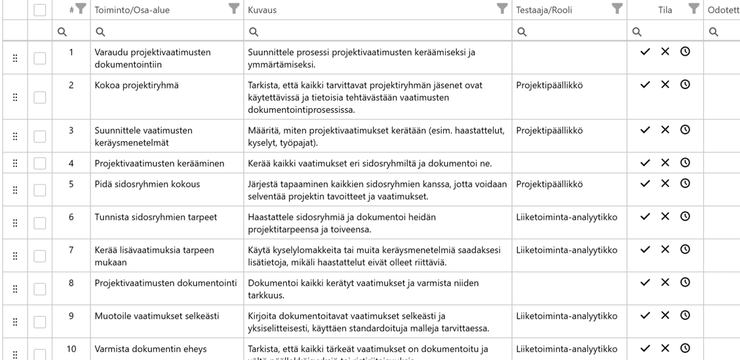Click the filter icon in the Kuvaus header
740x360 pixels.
click(501, 9)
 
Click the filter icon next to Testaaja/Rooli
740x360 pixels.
click(616, 9)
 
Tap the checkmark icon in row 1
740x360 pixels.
click(645, 52)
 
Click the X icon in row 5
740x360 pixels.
click(665, 184)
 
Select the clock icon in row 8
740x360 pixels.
click(685, 283)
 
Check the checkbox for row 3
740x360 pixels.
click(40, 136)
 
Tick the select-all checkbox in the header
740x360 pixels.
click(40, 10)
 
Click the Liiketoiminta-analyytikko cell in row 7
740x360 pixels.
click(566, 250)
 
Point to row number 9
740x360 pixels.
click(71, 316)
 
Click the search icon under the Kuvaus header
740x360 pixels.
click(254, 31)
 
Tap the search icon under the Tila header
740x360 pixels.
click(636, 31)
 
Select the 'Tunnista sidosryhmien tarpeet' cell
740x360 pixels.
click(155, 217)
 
